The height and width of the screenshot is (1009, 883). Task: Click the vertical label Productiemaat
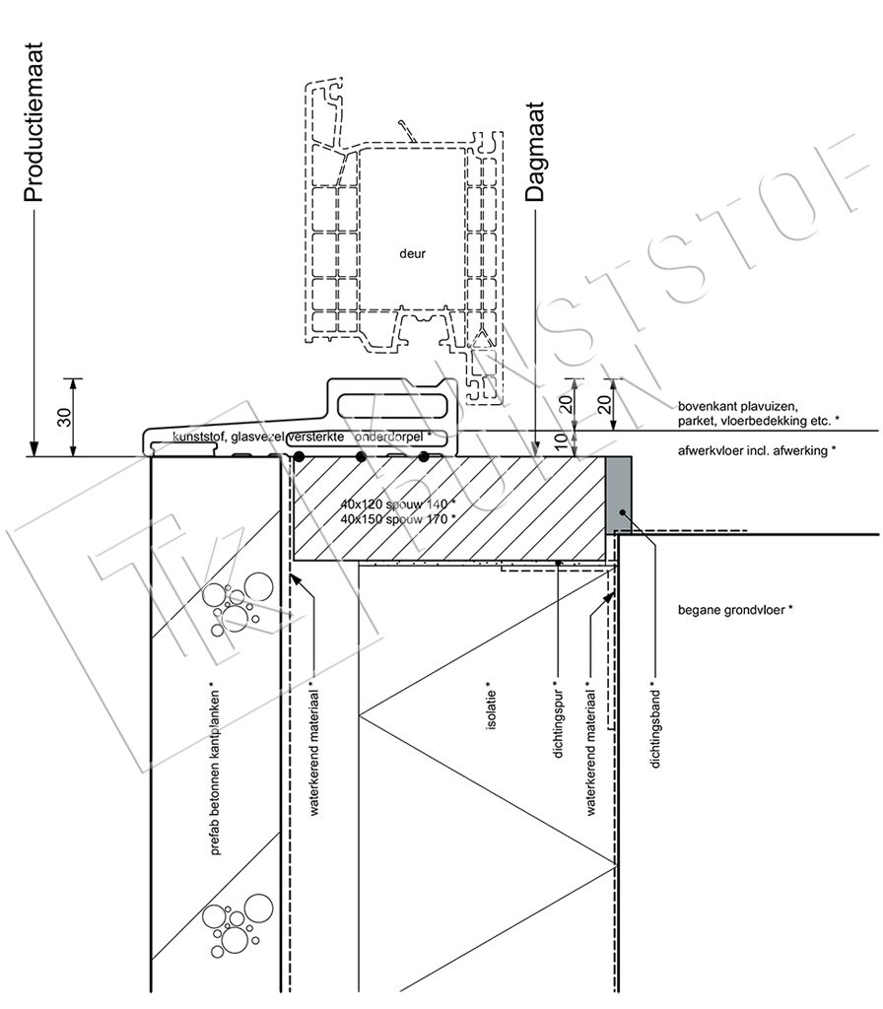[34, 122]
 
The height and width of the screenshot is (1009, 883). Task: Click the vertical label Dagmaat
[535, 152]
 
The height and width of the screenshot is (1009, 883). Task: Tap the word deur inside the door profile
[413, 253]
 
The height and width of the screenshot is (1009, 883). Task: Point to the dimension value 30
[65, 418]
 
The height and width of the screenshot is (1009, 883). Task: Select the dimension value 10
[561, 441]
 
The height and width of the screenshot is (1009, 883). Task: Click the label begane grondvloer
[735, 609]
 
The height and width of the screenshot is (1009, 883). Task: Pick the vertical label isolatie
[492, 706]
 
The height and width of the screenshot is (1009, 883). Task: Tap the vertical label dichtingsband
[655, 724]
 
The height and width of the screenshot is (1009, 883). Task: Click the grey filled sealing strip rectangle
[619, 495]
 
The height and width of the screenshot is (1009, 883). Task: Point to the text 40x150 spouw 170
[398, 518]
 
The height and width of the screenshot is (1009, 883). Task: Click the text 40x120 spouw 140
[398, 504]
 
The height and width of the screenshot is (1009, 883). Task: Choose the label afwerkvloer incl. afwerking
[757, 450]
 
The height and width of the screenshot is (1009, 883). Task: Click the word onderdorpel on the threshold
[388, 437]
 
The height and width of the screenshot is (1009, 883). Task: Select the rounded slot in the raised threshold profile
[392, 407]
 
